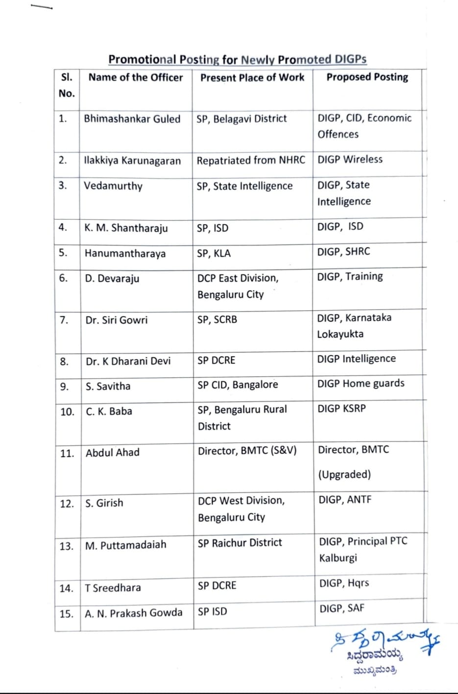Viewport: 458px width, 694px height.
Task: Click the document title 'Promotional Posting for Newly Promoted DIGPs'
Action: click(x=238, y=59)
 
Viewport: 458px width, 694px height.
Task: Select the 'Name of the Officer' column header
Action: click(x=135, y=77)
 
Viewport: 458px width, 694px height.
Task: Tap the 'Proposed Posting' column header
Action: click(x=367, y=77)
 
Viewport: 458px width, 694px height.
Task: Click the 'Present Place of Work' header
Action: click(x=252, y=77)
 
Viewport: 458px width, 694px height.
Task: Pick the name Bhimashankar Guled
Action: click(x=132, y=119)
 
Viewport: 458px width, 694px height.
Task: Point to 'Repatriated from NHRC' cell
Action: click(x=251, y=161)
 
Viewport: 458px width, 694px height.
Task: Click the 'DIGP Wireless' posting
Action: click(x=350, y=160)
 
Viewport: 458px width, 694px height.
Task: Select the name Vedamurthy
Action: click(x=113, y=186)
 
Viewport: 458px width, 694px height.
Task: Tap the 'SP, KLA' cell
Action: click(x=214, y=254)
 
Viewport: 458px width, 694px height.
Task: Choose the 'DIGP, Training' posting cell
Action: click(x=350, y=277)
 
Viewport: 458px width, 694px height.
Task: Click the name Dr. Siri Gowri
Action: click(x=116, y=320)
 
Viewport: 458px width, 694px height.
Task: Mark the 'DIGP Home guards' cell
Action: click(x=361, y=383)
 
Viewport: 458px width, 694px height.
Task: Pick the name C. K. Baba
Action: click(x=109, y=411)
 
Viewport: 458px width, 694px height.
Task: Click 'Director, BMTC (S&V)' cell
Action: click(x=247, y=451)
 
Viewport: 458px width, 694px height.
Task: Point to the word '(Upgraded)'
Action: click(x=345, y=474)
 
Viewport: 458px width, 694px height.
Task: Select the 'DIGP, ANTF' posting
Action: click(x=345, y=500)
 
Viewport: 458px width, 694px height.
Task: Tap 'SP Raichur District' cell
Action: click(x=240, y=542)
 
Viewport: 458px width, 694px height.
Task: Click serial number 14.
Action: click(x=66, y=588)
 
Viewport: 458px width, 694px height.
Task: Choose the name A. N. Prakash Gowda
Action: click(x=133, y=613)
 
